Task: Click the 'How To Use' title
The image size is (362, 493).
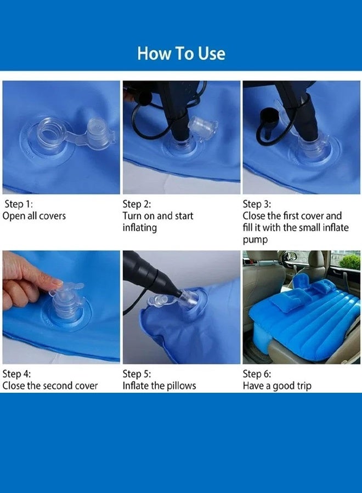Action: tap(181, 53)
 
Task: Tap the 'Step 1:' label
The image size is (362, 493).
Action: tap(19, 204)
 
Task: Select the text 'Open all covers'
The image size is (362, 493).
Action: tap(34, 216)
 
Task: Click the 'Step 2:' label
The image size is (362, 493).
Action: tap(137, 204)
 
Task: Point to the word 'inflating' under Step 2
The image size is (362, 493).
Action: tap(139, 228)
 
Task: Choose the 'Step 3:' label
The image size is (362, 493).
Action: tap(257, 204)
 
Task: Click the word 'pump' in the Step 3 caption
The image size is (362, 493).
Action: tap(255, 240)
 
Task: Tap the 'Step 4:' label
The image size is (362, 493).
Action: tap(16, 374)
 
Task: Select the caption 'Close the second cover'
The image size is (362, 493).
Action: tap(50, 386)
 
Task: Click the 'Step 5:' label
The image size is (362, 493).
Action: tap(137, 374)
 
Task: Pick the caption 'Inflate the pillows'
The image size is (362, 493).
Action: tap(159, 386)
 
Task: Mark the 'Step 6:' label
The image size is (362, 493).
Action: tap(257, 374)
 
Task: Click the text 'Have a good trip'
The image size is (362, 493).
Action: tap(277, 386)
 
